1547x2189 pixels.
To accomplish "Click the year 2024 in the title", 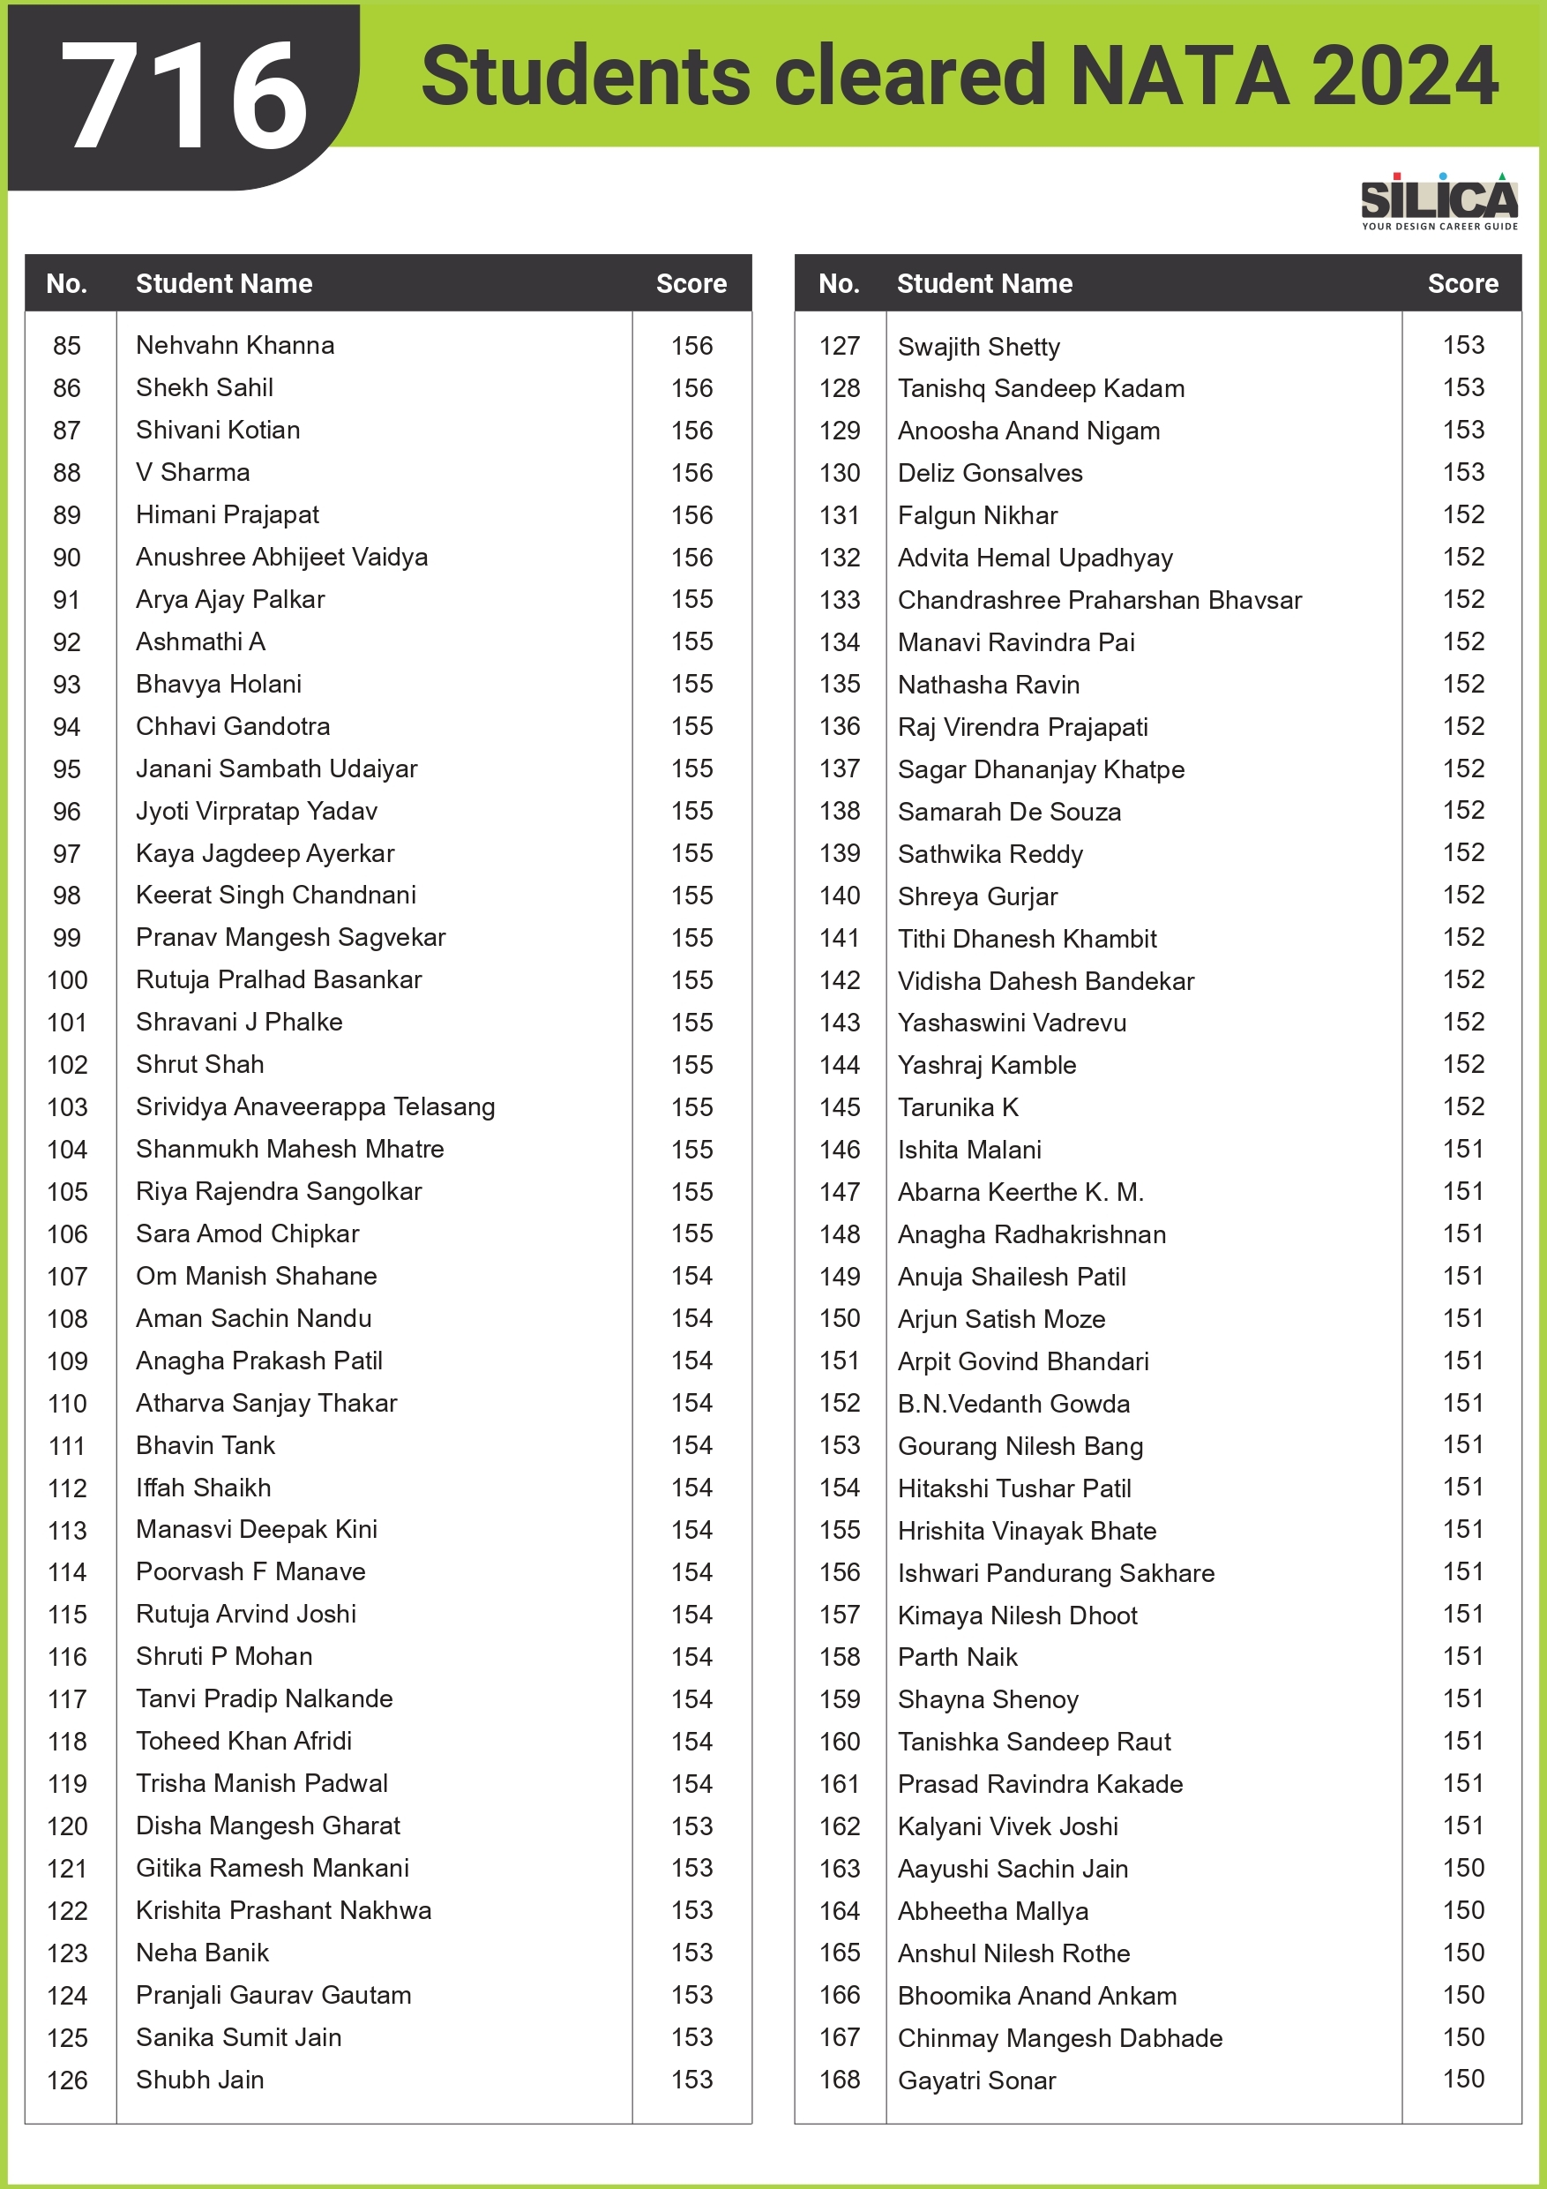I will tap(1404, 76).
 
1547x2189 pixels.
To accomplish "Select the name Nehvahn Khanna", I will tap(235, 345).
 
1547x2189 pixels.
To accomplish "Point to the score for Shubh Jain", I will tap(691, 2080).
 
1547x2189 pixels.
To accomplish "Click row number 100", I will tap(67, 980).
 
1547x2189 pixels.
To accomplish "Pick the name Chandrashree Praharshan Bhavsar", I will tap(1099, 600).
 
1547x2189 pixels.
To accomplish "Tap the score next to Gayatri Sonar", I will tap(1463, 2079).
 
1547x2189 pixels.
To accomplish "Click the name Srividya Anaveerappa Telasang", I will tap(315, 1107).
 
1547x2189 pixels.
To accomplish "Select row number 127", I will tap(839, 346).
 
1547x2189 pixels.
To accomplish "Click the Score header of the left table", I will tap(691, 283).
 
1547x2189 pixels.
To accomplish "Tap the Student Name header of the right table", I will tap(983, 283).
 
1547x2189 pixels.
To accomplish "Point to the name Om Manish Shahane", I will tap(256, 1276).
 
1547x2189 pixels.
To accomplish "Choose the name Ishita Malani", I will tap(968, 1150).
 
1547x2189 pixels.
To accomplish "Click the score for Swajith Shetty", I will tap(1463, 345).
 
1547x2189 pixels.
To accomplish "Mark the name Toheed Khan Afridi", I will tap(243, 1741).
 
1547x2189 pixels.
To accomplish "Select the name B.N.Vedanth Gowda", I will tap(1013, 1404).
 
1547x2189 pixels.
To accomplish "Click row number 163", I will tap(839, 1869).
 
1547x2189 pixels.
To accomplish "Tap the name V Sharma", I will tap(192, 472).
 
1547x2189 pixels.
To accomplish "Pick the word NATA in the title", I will tap(1180, 76).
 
